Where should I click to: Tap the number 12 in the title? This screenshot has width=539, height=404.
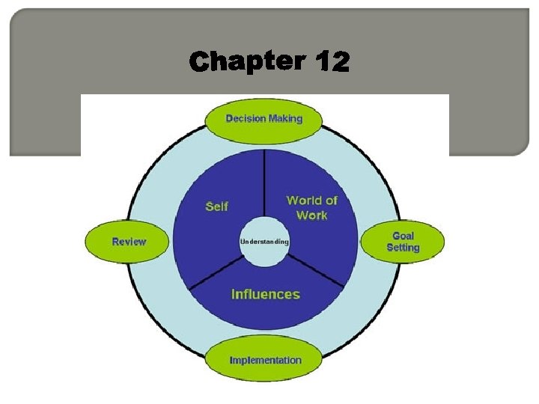click(332, 62)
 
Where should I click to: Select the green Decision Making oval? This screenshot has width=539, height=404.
click(264, 119)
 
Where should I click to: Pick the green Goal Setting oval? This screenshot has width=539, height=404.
click(403, 242)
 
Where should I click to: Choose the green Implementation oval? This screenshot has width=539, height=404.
click(265, 360)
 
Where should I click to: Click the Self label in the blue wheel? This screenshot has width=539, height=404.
click(217, 206)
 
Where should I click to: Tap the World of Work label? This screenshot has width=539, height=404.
click(311, 207)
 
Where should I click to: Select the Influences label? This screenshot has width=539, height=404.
click(265, 294)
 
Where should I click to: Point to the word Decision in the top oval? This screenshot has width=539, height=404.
click(246, 118)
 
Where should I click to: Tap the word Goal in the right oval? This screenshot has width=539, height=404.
click(403, 236)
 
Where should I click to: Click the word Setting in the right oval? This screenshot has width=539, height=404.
click(403, 248)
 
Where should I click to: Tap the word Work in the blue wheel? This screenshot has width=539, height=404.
click(312, 215)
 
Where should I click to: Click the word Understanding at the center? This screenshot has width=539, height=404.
click(264, 242)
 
